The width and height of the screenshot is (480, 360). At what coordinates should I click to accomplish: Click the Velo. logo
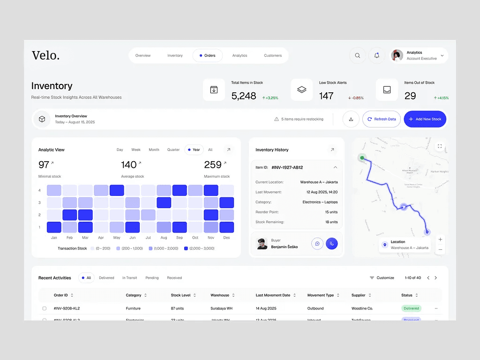[x=45, y=55]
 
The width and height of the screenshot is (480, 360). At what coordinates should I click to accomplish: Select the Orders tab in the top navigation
[x=207, y=55]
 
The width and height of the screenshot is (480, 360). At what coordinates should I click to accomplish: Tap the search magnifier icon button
[x=357, y=55]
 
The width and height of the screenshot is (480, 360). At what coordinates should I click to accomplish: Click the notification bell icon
[x=377, y=55]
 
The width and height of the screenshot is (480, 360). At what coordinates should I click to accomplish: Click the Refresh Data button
[x=382, y=119]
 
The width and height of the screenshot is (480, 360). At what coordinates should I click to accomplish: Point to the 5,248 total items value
[x=244, y=96]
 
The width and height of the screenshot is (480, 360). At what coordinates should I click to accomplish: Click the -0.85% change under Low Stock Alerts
[x=356, y=98]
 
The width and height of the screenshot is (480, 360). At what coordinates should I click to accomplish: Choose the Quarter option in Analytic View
[x=173, y=150]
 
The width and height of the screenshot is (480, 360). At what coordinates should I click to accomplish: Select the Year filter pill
[x=194, y=150]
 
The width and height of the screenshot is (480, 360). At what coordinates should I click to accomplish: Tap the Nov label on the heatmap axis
[x=211, y=238]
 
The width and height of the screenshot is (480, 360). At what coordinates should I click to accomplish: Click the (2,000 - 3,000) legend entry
[x=199, y=248]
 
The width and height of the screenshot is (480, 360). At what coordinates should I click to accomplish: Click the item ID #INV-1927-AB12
[x=287, y=167]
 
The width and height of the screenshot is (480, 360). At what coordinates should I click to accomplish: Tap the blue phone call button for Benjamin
[x=332, y=244]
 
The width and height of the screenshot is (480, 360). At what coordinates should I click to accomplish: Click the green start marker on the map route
[x=362, y=157]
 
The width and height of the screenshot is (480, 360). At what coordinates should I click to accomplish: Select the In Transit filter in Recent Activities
[x=130, y=278]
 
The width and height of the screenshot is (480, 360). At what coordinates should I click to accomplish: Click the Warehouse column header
[x=220, y=295]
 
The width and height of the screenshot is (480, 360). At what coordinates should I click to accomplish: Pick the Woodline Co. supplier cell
[x=362, y=308]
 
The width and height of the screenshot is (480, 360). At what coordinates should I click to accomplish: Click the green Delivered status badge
[x=411, y=308]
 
